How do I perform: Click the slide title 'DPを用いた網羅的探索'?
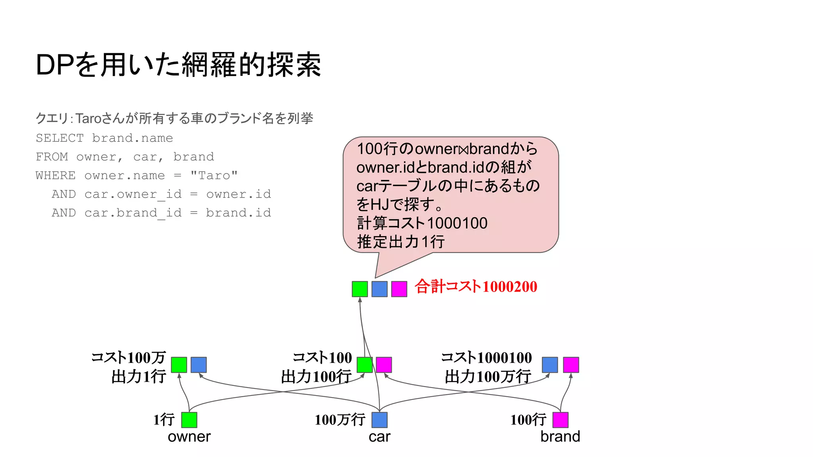[178, 65]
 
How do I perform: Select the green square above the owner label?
[189, 420]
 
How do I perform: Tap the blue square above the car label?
[380, 420]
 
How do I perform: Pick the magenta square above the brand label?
[560, 420]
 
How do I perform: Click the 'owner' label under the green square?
[189, 437]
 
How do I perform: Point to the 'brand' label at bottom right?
[560, 437]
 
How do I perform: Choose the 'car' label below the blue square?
[380, 437]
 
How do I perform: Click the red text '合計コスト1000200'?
[476, 286]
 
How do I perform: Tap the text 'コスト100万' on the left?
[128, 357]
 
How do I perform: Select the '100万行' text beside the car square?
[340, 420]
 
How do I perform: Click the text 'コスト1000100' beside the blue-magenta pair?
[486, 357]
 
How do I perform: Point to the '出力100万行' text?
[488, 376]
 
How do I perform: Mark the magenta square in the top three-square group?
[399, 289]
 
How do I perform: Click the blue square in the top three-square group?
[380, 289]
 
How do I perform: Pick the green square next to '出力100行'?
[364, 365]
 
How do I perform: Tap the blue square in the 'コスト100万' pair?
[198, 365]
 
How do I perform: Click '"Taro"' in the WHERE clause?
[214, 175]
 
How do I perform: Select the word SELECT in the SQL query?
[60, 138]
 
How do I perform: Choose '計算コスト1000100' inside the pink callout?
[422, 223]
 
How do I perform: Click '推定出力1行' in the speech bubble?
[401, 242]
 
